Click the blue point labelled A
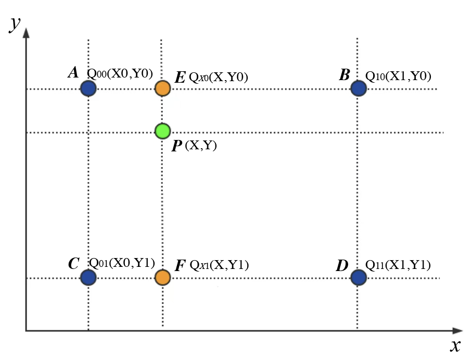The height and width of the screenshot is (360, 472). click(x=88, y=88)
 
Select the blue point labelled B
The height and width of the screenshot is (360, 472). click(x=358, y=88)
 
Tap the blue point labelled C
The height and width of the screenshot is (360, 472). click(x=88, y=278)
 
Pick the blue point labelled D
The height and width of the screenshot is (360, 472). click(x=358, y=278)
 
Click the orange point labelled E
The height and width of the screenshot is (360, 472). click(x=163, y=88)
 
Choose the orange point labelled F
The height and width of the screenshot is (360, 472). click(x=163, y=278)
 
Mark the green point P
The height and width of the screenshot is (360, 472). click(x=163, y=131)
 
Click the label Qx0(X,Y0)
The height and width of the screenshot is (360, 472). click(x=218, y=78)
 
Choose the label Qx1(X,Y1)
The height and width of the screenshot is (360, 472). click(x=219, y=266)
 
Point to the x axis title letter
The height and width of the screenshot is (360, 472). click(x=455, y=345)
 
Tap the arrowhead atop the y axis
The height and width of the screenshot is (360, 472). click(x=26, y=32)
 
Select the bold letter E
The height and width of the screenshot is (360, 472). click(x=180, y=78)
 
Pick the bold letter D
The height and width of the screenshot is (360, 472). click(x=342, y=266)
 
